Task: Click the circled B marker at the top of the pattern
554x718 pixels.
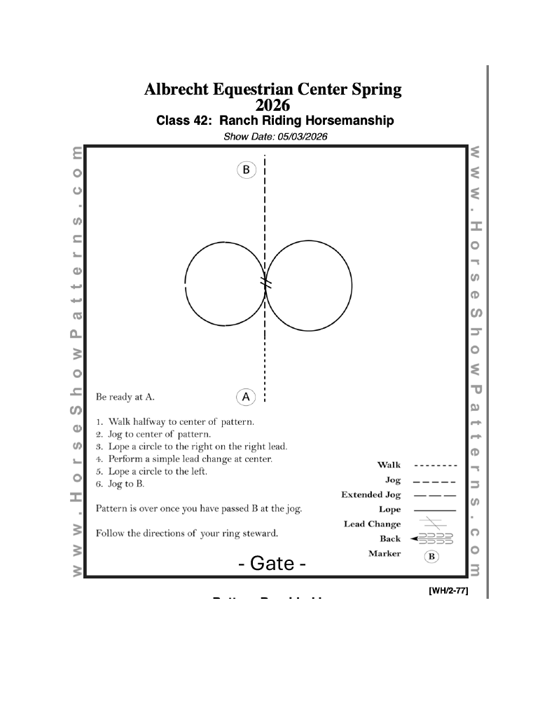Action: (247, 170)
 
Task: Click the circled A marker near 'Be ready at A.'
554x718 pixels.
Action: (246, 397)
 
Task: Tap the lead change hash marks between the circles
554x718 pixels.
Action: (265, 283)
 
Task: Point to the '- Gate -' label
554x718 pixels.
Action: (272, 563)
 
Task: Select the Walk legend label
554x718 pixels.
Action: (389, 465)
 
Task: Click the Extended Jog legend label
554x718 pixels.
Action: (371, 495)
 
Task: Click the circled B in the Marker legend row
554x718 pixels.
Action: (432, 557)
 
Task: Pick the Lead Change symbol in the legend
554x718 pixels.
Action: (434, 524)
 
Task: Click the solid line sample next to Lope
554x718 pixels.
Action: (434, 510)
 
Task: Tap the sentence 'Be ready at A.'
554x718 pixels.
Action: (125, 398)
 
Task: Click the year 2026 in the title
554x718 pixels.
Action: (272, 105)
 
